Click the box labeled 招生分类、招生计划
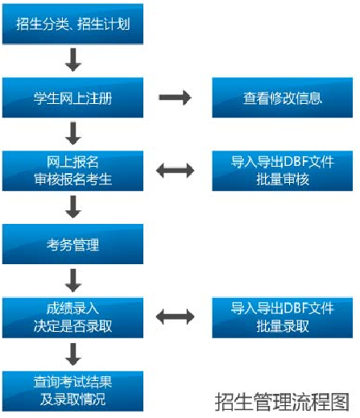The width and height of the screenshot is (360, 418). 72,24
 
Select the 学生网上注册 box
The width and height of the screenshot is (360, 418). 72,97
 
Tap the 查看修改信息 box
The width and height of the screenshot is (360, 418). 283,97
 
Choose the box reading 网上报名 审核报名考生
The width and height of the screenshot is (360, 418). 72,171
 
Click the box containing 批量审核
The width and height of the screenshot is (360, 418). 283,171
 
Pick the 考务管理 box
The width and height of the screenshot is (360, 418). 72,244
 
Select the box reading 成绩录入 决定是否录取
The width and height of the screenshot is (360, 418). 72,317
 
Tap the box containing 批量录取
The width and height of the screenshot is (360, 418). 283,317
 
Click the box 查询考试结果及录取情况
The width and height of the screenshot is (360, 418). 72,391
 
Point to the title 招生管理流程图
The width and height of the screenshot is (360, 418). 282,402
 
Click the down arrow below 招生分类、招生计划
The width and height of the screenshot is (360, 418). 73,60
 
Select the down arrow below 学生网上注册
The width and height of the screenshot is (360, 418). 73,134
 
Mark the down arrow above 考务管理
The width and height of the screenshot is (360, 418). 73,207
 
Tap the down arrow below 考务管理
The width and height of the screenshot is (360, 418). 73,280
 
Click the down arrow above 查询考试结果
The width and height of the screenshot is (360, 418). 73,354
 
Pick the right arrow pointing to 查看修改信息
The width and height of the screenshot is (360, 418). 176,97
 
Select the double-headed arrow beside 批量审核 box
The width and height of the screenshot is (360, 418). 176,171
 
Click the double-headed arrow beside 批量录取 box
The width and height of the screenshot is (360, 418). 176,317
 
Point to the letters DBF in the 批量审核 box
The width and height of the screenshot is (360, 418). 295,162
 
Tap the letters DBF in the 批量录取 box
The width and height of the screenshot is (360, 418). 295,308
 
